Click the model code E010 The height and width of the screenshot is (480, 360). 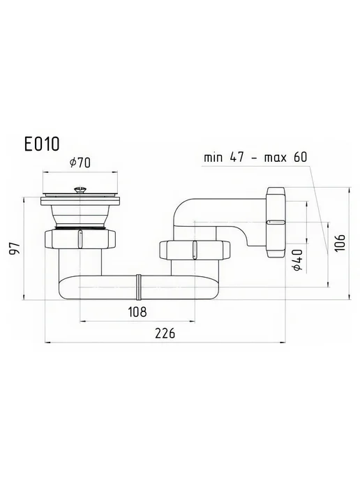[42, 144]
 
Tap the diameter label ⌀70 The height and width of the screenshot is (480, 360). [80, 163]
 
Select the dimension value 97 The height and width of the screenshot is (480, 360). [15, 248]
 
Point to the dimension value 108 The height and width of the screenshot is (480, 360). [137, 312]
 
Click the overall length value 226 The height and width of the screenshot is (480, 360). [165, 333]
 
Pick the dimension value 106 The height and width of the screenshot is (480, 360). [340, 243]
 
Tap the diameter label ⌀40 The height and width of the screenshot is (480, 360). [297, 260]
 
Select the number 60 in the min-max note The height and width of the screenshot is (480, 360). [300, 157]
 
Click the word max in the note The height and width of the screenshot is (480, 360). [276, 158]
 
